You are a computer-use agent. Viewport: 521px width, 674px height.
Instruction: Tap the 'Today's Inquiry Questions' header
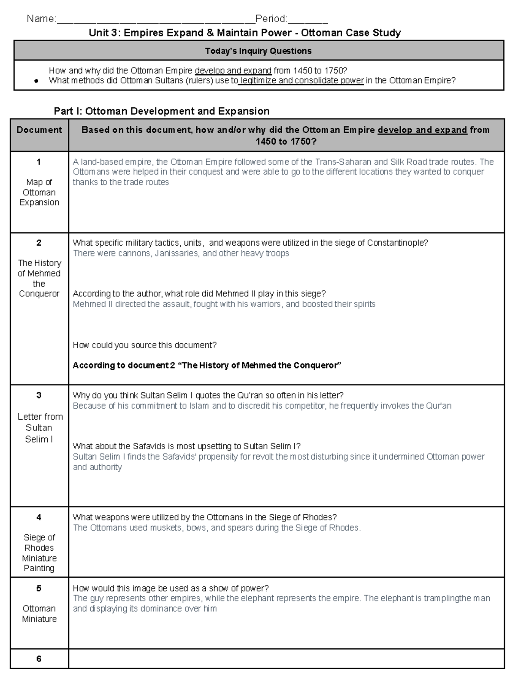pos(258,51)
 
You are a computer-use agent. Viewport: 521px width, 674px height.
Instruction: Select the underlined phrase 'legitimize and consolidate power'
pos(301,80)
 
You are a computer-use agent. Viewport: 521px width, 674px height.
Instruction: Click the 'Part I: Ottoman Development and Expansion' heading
pos(162,111)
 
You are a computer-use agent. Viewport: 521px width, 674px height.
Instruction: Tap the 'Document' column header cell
pos(39,130)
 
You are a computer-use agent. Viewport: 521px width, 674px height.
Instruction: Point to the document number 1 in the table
pos(39,162)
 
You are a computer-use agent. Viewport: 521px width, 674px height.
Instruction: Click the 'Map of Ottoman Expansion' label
pos(39,192)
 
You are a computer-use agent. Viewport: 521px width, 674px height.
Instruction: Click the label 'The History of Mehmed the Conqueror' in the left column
pos(39,278)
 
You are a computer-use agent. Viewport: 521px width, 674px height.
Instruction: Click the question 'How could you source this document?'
pos(145,345)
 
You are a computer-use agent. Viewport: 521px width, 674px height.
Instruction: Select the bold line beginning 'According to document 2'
pos(207,365)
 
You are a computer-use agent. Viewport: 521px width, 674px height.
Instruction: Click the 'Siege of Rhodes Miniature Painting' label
pos(39,552)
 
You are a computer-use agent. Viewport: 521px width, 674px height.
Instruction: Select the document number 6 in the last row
pos(39,659)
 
